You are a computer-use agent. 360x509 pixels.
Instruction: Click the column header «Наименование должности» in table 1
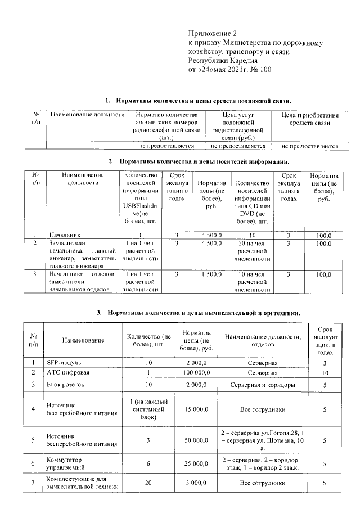click(x=87, y=115)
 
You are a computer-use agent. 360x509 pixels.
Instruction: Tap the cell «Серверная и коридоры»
click(x=263, y=385)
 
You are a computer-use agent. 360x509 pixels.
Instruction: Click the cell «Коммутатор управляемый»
click(x=65, y=463)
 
